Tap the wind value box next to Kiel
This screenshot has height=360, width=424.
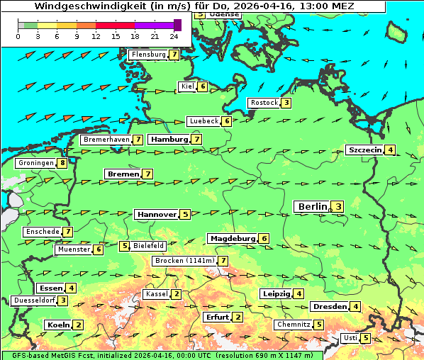tap(202, 86)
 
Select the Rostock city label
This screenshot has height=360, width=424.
tap(264, 103)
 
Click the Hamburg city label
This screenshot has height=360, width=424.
tap(168, 139)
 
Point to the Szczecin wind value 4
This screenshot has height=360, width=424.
tap(390, 150)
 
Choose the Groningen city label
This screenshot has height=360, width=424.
tap(36, 163)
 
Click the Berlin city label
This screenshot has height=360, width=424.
tap(313, 206)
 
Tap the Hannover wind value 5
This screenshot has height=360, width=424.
tap(184, 214)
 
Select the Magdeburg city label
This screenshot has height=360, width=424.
tap(232, 238)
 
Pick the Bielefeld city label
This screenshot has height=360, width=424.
tap(148, 246)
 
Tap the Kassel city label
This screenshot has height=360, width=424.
tap(156, 294)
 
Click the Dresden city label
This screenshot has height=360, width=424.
tap(329, 306)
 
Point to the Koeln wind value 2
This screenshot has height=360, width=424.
tap(78, 325)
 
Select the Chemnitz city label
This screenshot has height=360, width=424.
tap(293, 325)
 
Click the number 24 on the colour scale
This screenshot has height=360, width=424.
tap(174, 35)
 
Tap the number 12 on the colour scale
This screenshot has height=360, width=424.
tap(96, 35)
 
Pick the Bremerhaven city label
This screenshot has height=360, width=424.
tap(106, 140)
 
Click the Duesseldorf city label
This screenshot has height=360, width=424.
tap(34, 300)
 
